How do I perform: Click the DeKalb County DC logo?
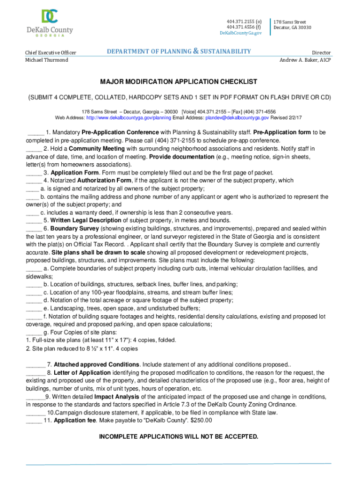[x=50, y=17]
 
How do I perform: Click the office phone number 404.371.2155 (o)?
[x=244, y=22]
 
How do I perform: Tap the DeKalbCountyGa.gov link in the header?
[x=241, y=33]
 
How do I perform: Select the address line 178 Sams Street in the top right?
[x=290, y=22]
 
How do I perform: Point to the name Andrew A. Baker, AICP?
[x=305, y=60]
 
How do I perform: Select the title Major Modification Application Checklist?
[x=179, y=81]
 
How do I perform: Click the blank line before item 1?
[x=36, y=132]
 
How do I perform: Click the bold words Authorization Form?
[x=104, y=180]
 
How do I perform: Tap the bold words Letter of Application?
[x=82, y=373]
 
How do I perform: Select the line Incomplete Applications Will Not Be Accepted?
[x=179, y=436]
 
